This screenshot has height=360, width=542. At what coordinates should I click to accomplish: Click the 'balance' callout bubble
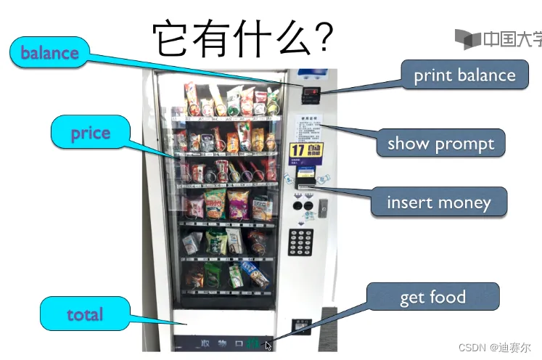click(x=49, y=53)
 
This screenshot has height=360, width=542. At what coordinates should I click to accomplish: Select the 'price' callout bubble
click(x=91, y=134)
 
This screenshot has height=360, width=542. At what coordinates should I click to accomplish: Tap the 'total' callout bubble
click(x=85, y=314)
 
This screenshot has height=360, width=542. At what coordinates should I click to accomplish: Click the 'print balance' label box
click(x=464, y=75)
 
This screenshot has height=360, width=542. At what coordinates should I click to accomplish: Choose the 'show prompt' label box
click(x=440, y=143)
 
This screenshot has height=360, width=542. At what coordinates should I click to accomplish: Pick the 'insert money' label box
click(x=438, y=202)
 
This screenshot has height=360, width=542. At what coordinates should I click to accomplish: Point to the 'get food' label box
click(x=432, y=298)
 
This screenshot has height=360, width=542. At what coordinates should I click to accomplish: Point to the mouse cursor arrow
click(x=268, y=346)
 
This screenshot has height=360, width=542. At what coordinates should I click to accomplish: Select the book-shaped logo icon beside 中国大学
click(x=468, y=38)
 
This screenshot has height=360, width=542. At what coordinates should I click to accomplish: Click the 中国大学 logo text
click(x=512, y=38)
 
